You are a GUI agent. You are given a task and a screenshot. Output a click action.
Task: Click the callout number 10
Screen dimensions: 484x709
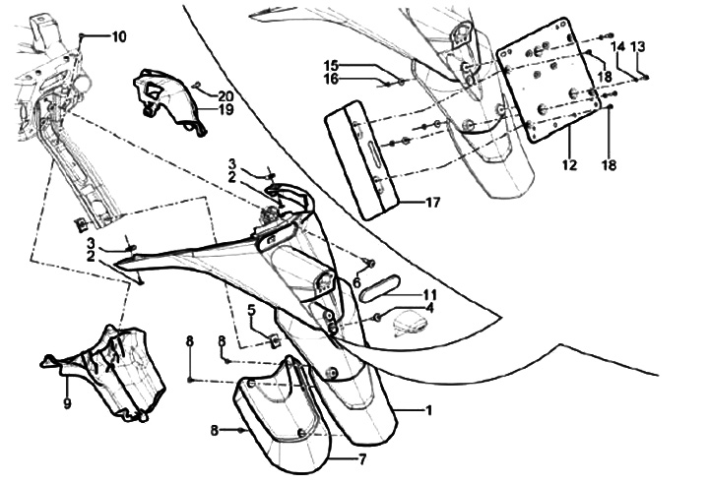coord(118,37)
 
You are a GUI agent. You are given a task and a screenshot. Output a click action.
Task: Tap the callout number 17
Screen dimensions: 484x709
coord(432,203)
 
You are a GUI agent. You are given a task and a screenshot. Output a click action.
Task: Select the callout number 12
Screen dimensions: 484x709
coord(569,165)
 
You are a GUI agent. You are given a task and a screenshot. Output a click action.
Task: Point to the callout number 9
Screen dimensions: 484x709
coord(67,402)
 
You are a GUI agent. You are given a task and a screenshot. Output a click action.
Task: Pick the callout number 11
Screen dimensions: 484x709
coord(429,294)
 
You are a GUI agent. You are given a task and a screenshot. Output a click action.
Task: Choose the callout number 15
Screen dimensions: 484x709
coord(331,65)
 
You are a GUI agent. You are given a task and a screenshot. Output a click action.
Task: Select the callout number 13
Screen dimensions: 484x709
coord(638,47)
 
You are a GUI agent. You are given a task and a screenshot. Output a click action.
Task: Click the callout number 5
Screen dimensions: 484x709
coord(251,310)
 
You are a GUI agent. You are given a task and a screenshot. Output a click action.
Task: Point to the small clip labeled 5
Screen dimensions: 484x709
coord(273,342)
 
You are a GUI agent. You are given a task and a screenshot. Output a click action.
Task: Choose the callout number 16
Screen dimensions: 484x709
coord(331,79)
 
